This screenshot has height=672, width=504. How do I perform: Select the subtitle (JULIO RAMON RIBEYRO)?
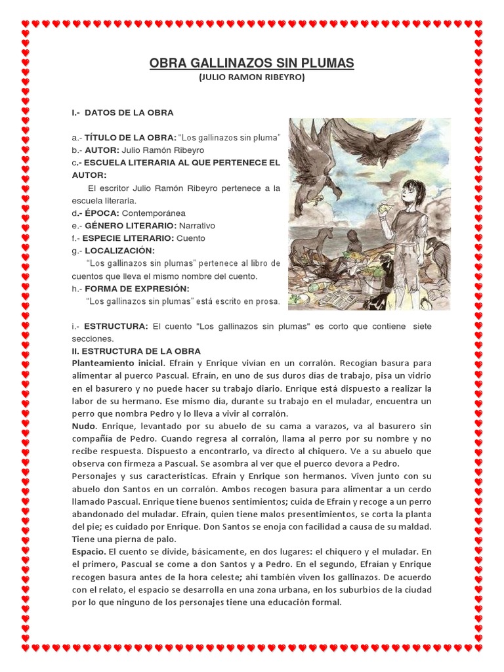point(251,77)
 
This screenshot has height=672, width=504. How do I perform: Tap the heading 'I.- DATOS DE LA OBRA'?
point(123,113)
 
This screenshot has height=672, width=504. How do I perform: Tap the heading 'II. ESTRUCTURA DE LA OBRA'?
point(136,352)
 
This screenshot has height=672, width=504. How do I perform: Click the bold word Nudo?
point(83,427)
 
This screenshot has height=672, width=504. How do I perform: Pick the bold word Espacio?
point(88,551)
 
